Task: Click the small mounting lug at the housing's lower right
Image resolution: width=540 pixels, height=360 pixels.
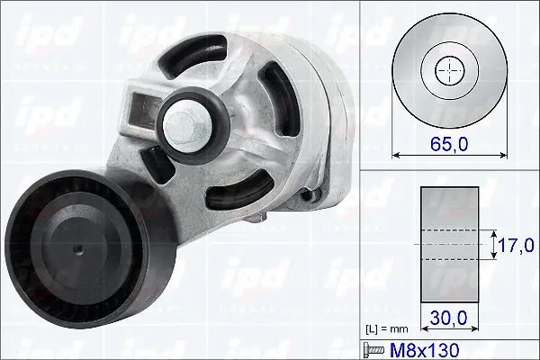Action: [311, 193]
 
